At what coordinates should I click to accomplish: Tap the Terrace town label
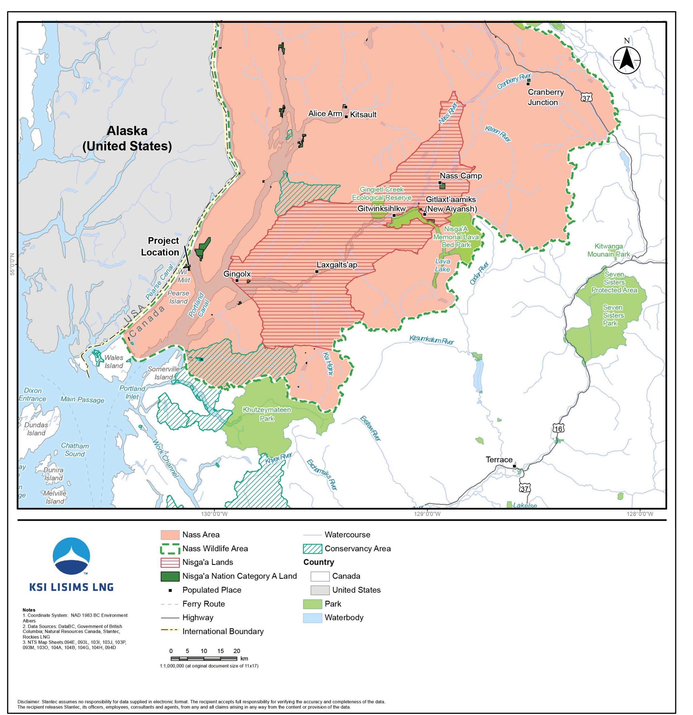tap(499, 460)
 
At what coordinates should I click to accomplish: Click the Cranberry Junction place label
tap(545, 97)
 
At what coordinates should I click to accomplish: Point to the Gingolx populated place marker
tap(237, 280)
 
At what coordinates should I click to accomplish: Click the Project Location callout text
tap(161, 246)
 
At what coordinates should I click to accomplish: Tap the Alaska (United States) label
tap(127, 138)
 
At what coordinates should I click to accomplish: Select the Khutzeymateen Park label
tap(267, 414)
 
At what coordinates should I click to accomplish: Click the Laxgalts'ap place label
tap(336, 265)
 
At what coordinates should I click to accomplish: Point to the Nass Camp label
tap(461, 176)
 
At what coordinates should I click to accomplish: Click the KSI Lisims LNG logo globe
tap(72, 556)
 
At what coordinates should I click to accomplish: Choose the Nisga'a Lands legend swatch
tap(170, 562)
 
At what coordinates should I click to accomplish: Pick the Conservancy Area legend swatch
tap(312, 548)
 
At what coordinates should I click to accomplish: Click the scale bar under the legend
tap(204, 659)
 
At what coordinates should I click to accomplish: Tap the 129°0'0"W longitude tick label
tap(427, 514)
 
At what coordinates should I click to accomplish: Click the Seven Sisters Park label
tap(613, 315)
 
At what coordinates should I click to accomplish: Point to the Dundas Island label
tap(36, 429)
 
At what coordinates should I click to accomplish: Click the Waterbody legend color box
tap(312, 618)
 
